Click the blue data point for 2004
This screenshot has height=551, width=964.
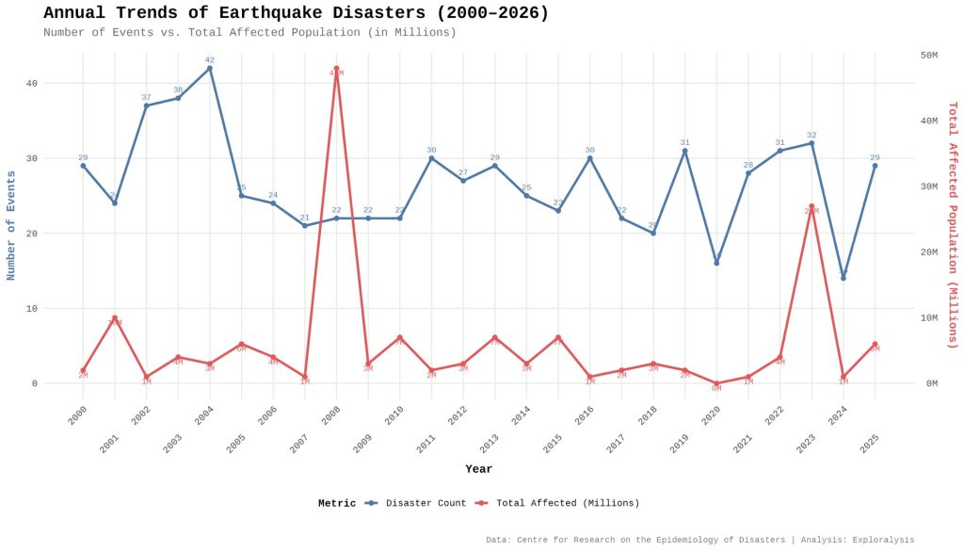(x=210, y=68)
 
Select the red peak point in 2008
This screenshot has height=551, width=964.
(x=336, y=69)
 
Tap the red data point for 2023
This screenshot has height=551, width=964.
(x=811, y=206)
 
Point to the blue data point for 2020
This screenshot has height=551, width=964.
(x=716, y=263)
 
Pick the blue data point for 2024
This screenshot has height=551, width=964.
(x=843, y=278)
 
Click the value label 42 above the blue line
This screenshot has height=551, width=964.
(x=210, y=59)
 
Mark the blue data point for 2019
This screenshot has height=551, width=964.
(x=684, y=151)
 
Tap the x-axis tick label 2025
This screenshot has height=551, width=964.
(x=869, y=444)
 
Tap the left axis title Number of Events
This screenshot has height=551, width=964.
(x=11, y=226)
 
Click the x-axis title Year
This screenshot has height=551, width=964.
(x=478, y=469)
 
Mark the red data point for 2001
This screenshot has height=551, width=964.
(x=115, y=318)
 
